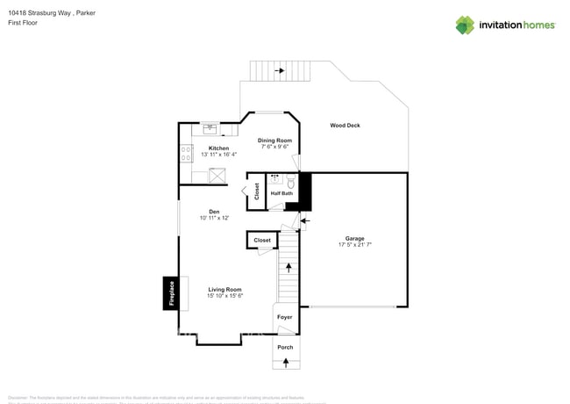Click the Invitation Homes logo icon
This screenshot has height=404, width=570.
tap(465, 25)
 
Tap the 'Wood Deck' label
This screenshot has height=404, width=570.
tap(345, 126)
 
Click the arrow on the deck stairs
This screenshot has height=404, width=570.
tap(280, 70)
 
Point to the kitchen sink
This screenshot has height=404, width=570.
tap(210, 128)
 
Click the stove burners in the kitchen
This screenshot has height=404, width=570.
tap(186, 154)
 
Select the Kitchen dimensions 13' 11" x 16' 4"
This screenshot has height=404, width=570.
tap(218, 155)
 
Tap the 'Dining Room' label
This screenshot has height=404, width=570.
tap(274, 141)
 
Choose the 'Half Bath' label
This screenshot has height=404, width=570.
tap(281, 193)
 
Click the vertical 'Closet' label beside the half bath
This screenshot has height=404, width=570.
tap(257, 191)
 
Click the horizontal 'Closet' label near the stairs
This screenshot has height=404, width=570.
tap(262, 240)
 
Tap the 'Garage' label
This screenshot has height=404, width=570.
tap(354, 239)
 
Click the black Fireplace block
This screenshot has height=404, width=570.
tap(168, 293)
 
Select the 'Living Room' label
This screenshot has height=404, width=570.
tap(224, 289)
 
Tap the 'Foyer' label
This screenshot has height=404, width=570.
tap(284, 317)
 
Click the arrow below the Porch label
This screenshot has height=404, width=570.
tap(285, 361)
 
